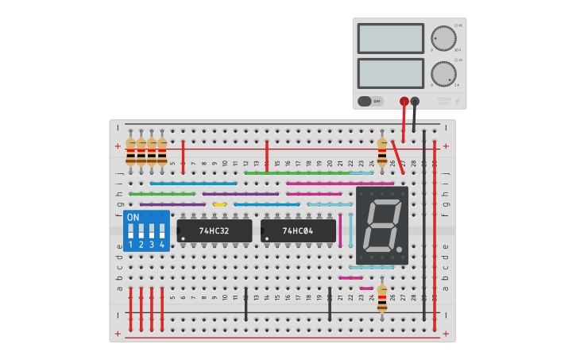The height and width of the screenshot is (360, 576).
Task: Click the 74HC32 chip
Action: [214, 231]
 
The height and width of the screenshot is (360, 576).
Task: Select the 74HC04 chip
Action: [298, 231]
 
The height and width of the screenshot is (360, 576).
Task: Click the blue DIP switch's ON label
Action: [133, 217]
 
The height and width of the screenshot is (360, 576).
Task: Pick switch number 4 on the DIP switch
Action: [162, 232]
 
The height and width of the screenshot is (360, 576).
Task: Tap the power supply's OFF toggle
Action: [370, 101]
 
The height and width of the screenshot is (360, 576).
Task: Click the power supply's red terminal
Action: [404, 101]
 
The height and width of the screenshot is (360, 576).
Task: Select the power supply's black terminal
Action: [415, 101]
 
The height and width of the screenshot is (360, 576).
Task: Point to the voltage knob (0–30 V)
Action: [443, 38]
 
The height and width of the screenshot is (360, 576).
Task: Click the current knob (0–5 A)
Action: [443, 74]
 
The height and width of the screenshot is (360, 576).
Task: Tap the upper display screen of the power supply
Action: [391, 38]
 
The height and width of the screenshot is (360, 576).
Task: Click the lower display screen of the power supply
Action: [391, 74]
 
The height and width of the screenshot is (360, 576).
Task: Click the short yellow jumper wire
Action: [219, 204]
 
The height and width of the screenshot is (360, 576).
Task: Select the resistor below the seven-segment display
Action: [382, 300]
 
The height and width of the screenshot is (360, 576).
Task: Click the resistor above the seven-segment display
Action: [382, 152]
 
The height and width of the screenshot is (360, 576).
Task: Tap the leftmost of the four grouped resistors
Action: [131, 152]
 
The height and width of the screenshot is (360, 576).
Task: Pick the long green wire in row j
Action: [298, 172]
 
